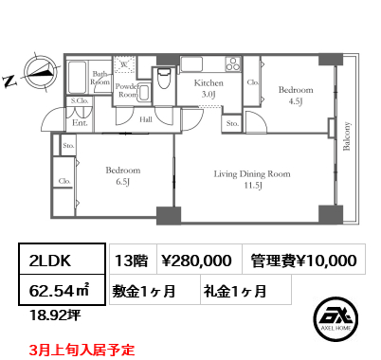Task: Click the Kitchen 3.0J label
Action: coord(209,88)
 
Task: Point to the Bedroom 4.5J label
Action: coord(290,95)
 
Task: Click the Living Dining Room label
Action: coord(251,179)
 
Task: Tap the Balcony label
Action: coord(347,136)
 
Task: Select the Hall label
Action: coord(147,119)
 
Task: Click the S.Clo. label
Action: coord(80,99)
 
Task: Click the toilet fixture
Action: coord(164,82)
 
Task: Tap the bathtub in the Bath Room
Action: coord(77,77)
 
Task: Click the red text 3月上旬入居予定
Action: coord(82,350)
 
